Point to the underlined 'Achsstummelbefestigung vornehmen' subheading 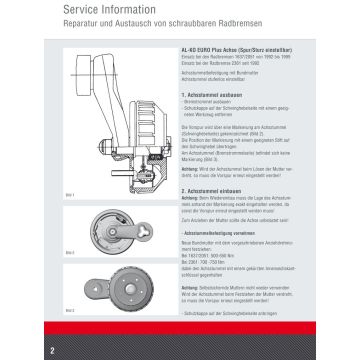(x=224, y=231)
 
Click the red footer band (x=200, y=352)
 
